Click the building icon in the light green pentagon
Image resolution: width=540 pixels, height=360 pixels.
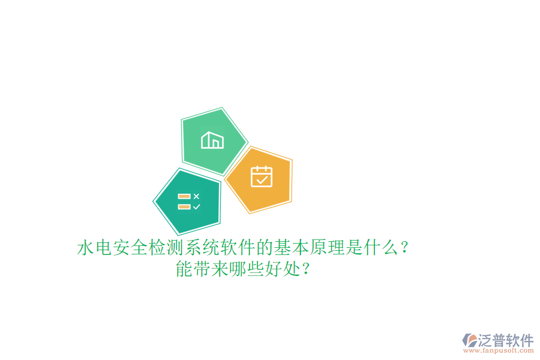click(212, 140)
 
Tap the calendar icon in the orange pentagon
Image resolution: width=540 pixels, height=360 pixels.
click(262, 176)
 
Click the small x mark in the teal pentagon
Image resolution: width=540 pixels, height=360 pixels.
click(196, 196)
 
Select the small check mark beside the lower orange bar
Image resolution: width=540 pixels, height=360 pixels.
click(196, 206)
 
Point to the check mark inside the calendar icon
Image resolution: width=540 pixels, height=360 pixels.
click(262, 179)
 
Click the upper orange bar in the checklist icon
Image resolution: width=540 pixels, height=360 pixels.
click(184, 196)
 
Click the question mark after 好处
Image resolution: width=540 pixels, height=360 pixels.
click(307, 269)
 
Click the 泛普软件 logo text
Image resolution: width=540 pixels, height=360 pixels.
click(505, 340)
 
